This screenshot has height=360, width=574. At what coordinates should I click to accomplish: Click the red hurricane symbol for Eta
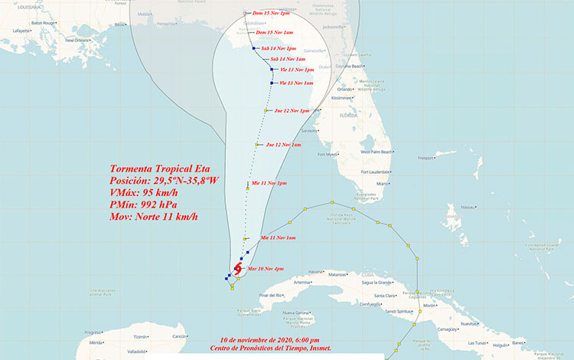[237, 270]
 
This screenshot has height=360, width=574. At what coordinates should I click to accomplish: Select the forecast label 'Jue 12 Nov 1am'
[283, 144]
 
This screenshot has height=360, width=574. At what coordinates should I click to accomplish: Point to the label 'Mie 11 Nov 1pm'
[269, 184]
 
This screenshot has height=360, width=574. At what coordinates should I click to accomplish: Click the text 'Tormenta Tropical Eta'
[158, 169]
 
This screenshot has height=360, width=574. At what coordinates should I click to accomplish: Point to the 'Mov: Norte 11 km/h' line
[154, 217]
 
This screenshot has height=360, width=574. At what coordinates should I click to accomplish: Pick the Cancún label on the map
[179, 336]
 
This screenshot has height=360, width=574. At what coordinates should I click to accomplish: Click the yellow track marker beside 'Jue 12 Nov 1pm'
[266, 111]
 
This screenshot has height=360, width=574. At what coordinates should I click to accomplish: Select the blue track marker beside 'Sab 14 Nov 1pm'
[253, 48]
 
